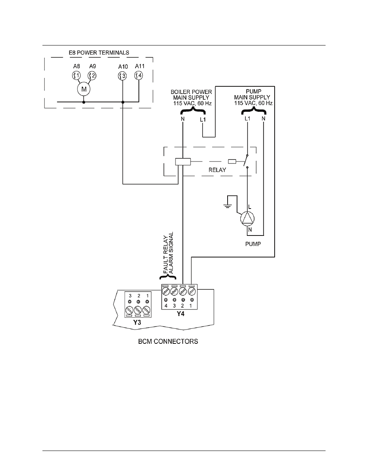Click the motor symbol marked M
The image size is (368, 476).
(x=83, y=89)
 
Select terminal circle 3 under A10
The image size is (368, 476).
(x=122, y=76)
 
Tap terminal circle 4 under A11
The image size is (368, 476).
(x=138, y=76)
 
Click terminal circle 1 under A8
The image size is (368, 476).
(x=76, y=76)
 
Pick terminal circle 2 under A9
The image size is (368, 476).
(x=92, y=76)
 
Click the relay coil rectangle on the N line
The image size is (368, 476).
(x=183, y=161)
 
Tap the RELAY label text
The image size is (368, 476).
(x=217, y=170)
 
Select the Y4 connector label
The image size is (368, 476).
(x=181, y=314)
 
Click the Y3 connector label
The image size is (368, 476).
(x=137, y=323)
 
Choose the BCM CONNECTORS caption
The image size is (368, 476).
(x=168, y=341)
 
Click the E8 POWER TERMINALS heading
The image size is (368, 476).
(x=99, y=52)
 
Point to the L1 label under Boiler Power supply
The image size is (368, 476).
(x=203, y=119)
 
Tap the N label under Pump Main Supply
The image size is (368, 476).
(x=263, y=118)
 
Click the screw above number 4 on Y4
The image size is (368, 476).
(x=166, y=291)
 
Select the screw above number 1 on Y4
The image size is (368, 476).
(x=192, y=291)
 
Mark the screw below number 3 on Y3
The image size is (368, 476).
(x=129, y=310)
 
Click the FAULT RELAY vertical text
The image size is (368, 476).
(x=166, y=254)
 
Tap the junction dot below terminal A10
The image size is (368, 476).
(x=123, y=102)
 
